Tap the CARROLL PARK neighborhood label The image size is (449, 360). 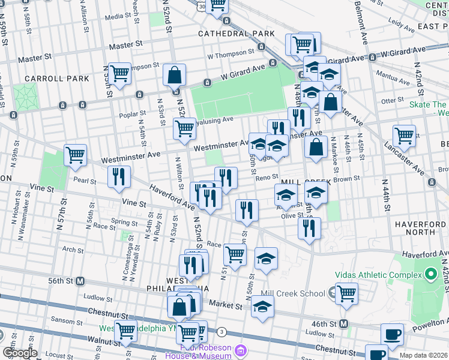coord(57,79)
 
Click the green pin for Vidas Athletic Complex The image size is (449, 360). coord(430,275)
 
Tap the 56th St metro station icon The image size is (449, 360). coord(79,281)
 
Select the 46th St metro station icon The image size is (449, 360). coord(343,324)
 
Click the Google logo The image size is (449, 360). coord(20,353)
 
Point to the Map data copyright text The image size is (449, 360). coord(423,355)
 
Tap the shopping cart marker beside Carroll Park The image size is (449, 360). coord(120,73)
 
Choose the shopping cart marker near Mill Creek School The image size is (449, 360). coord(346,293)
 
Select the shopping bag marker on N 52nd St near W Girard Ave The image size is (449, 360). coord(174,76)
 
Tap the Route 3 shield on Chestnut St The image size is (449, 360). coord(222,332)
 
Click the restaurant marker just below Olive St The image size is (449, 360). coord(309,227)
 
